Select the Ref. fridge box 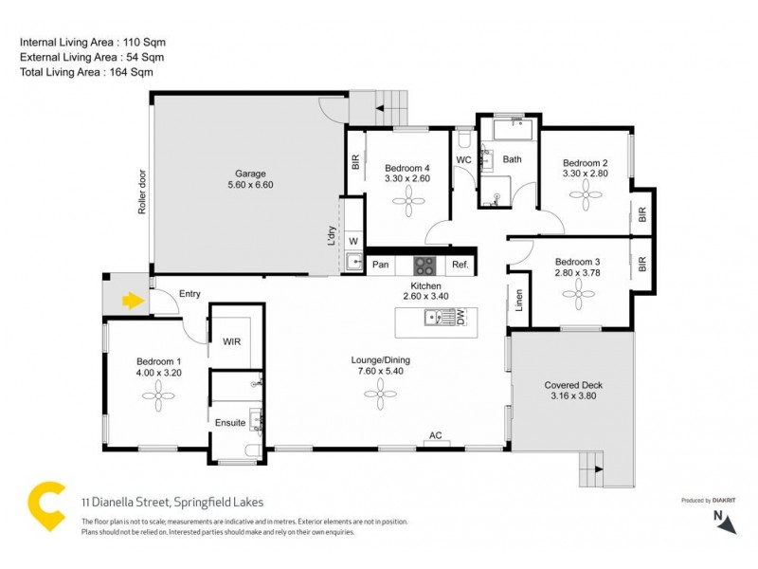click(x=460, y=266)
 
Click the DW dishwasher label click(x=461, y=319)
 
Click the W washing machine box click(x=353, y=241)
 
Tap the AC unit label click(x=436, y=436)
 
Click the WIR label click(x=231, y=340)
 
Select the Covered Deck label click(x=572, y=385)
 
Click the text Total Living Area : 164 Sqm click(x=86, y=72)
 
